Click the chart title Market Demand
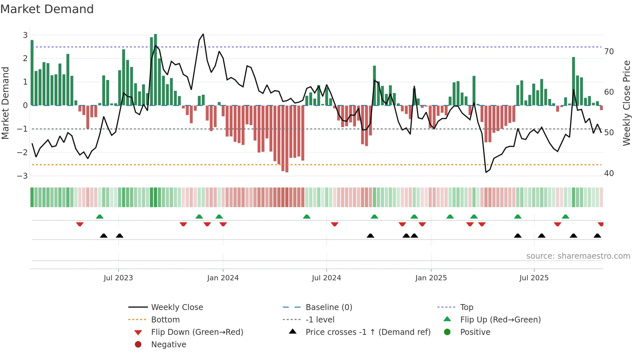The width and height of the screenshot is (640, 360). click(47, 9)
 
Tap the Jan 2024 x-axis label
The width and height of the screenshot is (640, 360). click(223, 278)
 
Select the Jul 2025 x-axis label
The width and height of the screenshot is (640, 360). click(534, 278)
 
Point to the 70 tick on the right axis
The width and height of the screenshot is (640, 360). click(609, 52)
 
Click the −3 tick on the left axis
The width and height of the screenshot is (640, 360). click(22, 176)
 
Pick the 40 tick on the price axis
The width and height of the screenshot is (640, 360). click(609, 173)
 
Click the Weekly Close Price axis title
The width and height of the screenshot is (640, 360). click(626, 103)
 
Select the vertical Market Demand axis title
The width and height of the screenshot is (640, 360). click(6, 103)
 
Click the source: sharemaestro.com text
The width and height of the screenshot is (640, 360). click(578, 256)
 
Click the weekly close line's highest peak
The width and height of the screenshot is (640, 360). click(203, 34)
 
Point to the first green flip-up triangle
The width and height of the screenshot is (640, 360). click(100, 217)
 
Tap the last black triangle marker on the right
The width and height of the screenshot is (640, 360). click(597, 236)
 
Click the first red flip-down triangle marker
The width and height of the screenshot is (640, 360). click(80, 224)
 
